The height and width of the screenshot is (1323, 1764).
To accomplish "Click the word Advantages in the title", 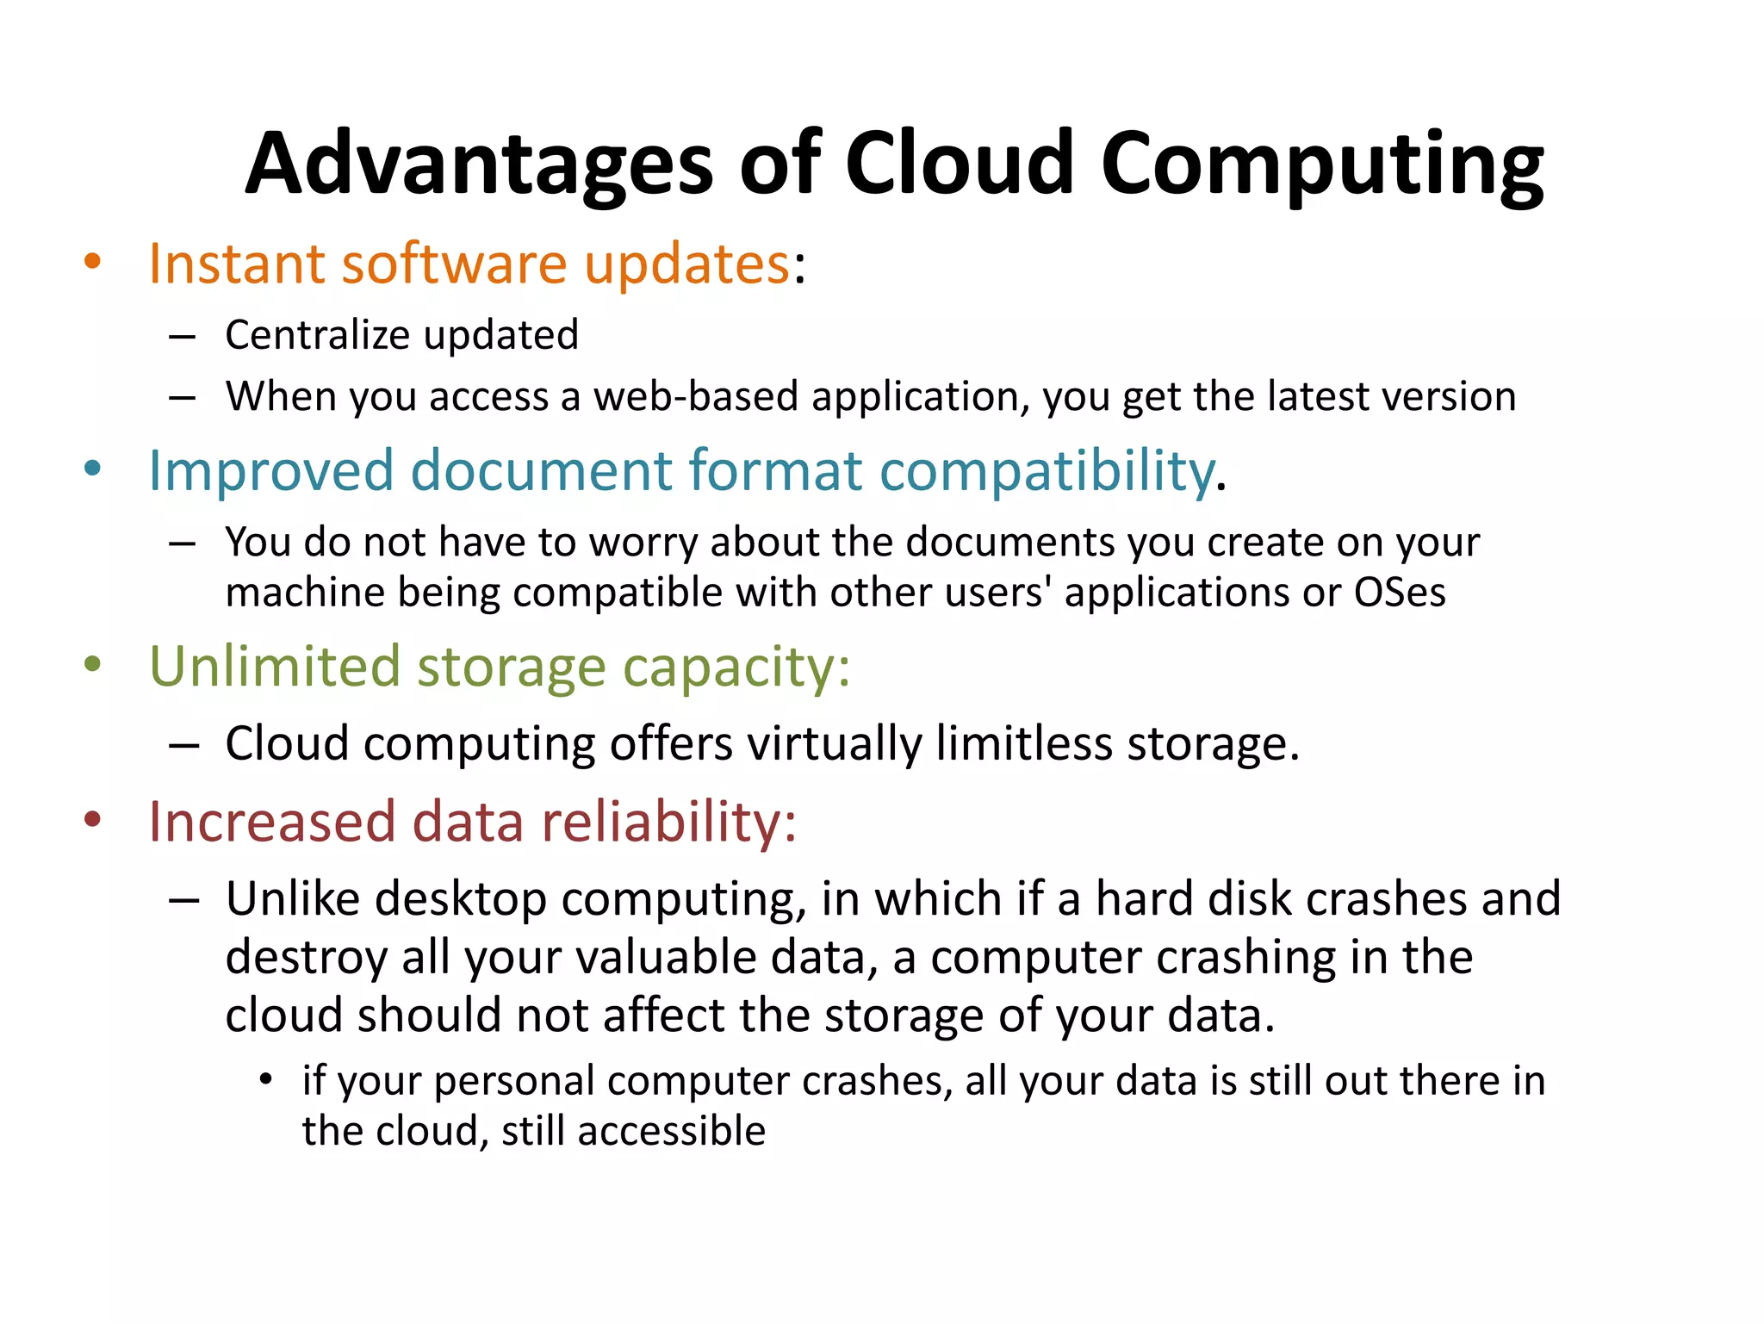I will (479, 164).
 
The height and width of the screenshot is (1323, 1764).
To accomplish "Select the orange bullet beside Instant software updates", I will (92, 261).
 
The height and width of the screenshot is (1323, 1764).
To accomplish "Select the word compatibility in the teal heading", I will (1046, 472).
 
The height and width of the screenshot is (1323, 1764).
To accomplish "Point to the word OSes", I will (1400, 593).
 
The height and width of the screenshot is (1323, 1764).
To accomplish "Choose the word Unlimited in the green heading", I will (275, 666).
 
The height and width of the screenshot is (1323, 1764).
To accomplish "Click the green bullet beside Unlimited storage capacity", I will (92, 664).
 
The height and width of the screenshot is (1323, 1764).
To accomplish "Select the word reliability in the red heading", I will (668, 822).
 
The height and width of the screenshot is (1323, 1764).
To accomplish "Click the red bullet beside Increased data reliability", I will (92, 819).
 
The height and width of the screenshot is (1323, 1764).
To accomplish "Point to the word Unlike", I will (293, 898).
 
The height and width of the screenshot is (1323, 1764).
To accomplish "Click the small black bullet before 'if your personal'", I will (266, 1079).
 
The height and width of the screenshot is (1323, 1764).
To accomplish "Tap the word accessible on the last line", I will (672, 1131).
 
